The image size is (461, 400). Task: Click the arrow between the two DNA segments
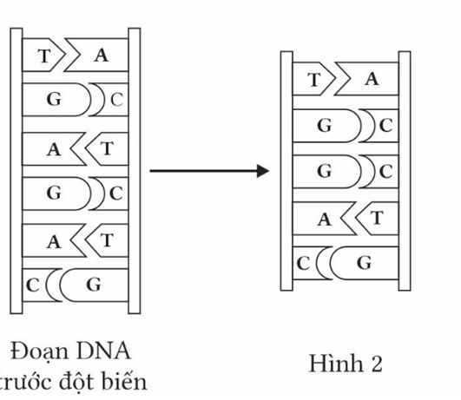205,170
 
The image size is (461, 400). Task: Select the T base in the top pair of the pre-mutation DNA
43,56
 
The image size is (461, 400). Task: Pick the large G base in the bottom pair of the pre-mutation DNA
92,283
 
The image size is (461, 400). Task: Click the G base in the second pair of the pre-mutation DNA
54,101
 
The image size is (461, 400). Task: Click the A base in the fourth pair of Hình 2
324,219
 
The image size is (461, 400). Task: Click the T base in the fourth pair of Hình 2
379,218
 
